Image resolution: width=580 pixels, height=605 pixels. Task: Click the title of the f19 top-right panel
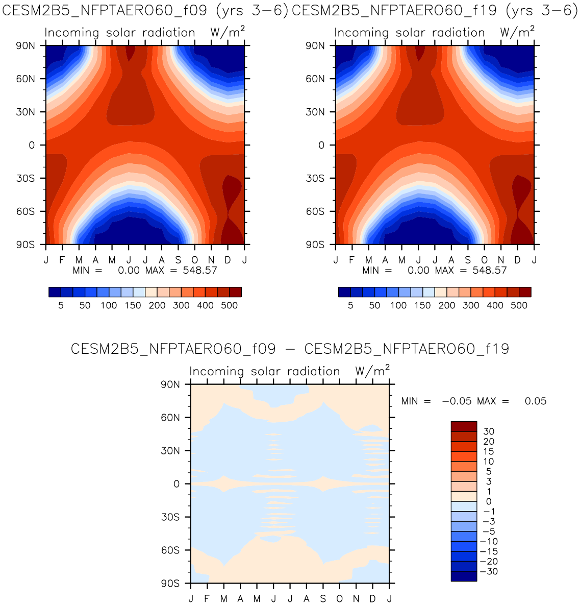[435, 10]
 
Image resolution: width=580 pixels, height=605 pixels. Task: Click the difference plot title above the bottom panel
[290, 349]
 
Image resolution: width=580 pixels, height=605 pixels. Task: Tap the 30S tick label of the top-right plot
[315, 178]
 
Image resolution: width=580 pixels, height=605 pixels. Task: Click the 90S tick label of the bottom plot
[170, 584]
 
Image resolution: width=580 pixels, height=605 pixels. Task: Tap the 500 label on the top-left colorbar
[230, 306]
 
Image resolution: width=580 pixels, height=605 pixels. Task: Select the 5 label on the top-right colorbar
[350, 306]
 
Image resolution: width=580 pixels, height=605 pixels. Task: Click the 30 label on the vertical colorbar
[488, 432]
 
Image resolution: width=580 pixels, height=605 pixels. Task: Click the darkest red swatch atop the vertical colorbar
[464, 426]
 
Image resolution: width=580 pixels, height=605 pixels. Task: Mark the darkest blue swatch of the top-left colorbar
[55, 292]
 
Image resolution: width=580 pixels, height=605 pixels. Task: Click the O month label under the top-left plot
[195, 260]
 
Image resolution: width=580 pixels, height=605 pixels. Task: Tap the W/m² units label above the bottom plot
[372, 371]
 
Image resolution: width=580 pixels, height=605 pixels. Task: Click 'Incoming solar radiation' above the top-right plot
[410, 33]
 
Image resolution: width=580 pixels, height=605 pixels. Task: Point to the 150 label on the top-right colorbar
[422, 306]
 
